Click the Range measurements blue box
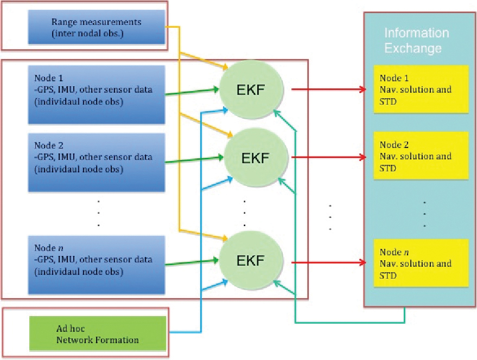[96, 28]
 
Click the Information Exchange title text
[416, 41]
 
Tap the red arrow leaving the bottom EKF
[329, 263]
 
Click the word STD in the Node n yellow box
[388, 275]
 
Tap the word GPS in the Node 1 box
[47, 90]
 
